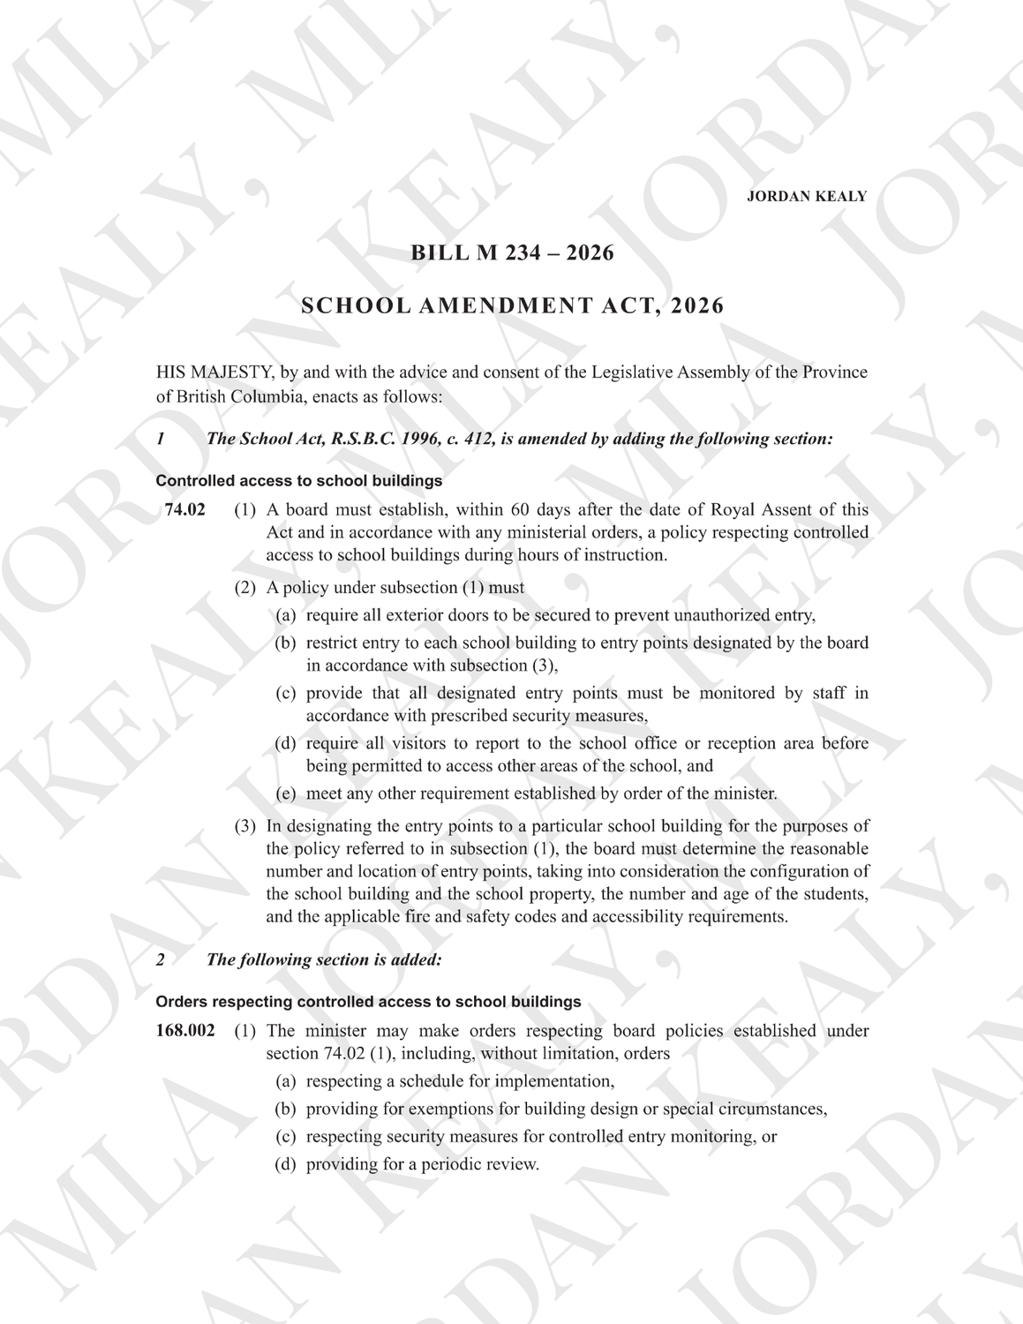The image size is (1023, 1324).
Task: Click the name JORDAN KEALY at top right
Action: pyautogui.click(x=806, y=197)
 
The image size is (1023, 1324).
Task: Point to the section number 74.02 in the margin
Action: pyautogui.click(x=184, y=510)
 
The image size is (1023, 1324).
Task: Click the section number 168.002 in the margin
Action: pyautogui.click(x=185, y=1031)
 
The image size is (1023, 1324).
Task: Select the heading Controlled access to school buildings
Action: pyautogui.click(x=298, y=481)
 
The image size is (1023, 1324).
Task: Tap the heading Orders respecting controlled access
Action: pyautogui.click(x=368, y=1002)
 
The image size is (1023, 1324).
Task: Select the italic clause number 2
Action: pyautogui.click(x=160, y=959)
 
